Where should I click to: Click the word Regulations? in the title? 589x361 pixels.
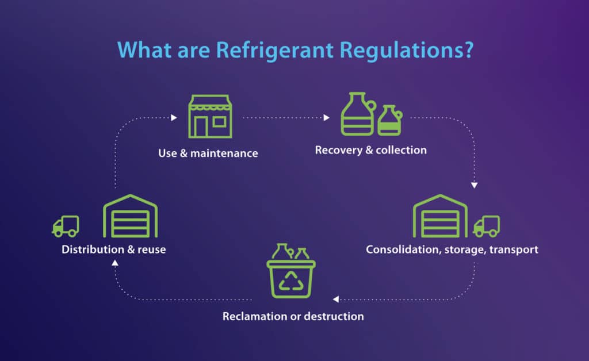[406, 49]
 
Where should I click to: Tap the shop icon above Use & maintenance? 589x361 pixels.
[210, 117]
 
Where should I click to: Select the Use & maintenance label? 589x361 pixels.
[208, 153]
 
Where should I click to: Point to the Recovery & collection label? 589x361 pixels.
[370, 150]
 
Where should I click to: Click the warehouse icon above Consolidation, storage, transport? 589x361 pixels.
[441, 217]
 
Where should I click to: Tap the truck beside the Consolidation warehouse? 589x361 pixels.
[486, 226]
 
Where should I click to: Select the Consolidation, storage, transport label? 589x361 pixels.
[452, 250]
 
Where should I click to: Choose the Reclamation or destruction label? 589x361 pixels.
[293, 316]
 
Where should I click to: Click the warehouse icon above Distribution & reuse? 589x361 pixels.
[130, 217]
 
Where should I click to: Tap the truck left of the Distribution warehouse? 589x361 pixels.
[65, 226]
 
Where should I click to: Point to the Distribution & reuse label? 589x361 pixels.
[114, 250]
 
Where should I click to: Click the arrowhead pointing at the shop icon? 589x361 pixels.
[174, 118]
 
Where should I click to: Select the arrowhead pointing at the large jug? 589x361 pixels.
[327, 118]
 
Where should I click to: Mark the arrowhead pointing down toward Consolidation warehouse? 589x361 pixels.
[474, 185]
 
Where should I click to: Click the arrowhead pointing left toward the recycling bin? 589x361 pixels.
[335, 299]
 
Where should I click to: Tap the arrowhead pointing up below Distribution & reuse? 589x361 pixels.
[114, 262]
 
